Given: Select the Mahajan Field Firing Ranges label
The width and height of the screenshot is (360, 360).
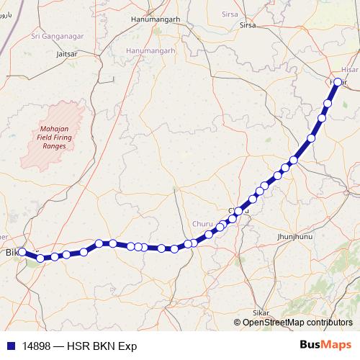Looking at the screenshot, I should (49, 135).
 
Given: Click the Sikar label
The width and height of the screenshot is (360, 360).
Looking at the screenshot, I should (261, 313).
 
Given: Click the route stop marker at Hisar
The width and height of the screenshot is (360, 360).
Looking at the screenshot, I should (338, 81).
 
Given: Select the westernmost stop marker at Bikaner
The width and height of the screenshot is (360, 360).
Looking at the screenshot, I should (22, 252).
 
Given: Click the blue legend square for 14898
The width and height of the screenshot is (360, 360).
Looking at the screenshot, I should (9, 346).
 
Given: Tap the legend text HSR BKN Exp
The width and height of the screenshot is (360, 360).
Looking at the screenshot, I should (102, 346).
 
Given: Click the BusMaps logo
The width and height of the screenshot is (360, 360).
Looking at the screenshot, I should (325, 345).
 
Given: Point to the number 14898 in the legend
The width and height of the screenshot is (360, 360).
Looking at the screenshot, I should (37, 346).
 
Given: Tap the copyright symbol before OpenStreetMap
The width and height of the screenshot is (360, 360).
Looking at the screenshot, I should (238, 323).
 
